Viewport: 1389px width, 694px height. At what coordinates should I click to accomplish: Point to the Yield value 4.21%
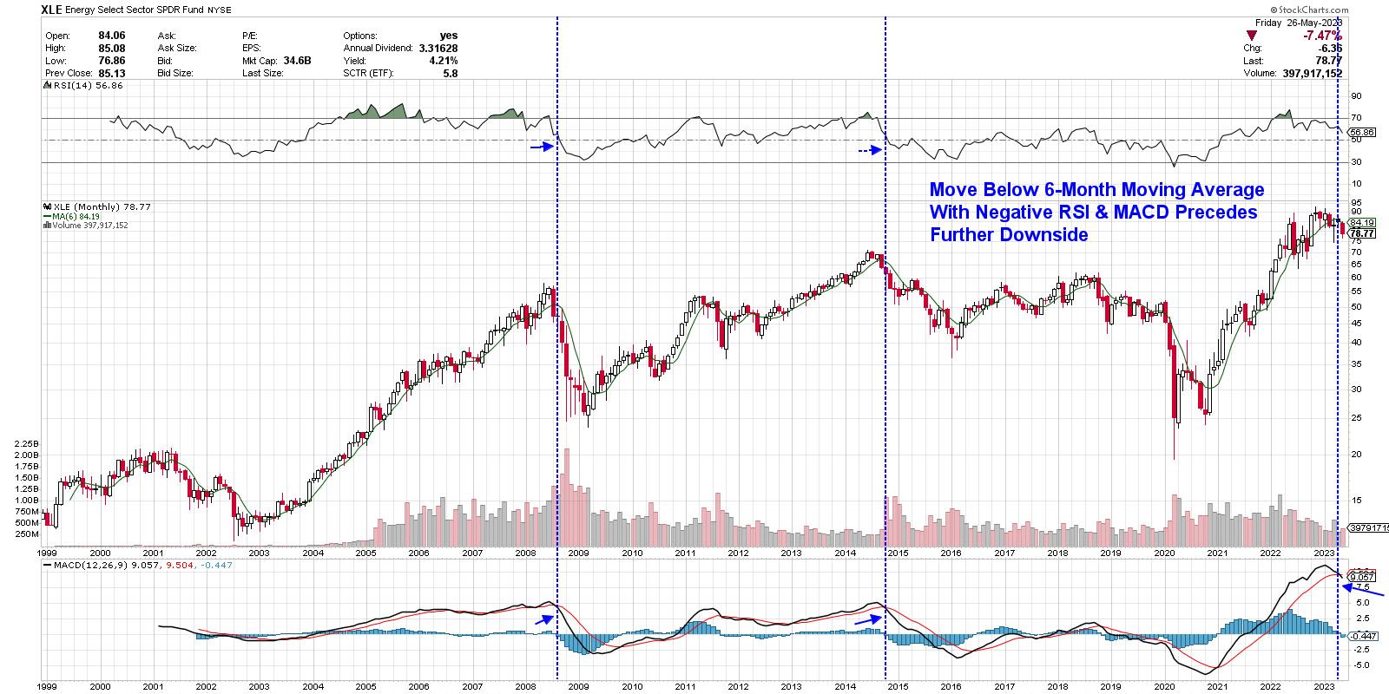tap(443, 61)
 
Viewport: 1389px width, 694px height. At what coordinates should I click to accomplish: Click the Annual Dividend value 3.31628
tap(438, 49)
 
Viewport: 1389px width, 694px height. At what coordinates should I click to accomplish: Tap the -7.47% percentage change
tap(1322, 36)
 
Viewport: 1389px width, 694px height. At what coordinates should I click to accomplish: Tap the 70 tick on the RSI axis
tap(1355, 118)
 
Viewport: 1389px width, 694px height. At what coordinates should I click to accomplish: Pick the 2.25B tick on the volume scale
tap(27, 443)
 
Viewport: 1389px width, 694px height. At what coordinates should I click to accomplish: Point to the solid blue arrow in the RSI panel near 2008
tap(542, 147)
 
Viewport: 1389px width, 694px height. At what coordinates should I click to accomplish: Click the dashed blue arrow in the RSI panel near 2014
tap(870, 150)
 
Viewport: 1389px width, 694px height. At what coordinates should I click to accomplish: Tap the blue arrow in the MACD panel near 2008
tap(544, 619)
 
